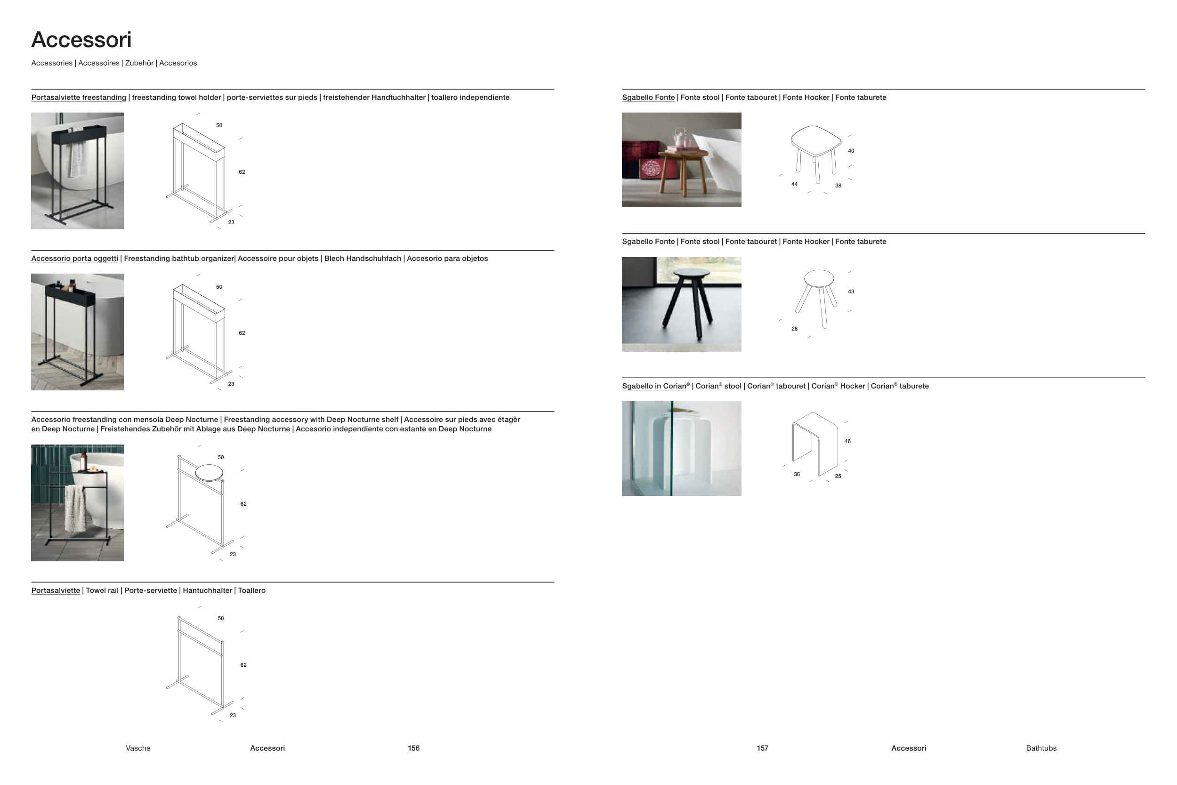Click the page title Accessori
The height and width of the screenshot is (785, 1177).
81,40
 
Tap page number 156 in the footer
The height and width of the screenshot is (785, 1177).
413,748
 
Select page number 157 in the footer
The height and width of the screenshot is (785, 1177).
762,748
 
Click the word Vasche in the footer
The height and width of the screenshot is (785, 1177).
138,748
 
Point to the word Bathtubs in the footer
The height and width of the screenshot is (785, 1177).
1041,748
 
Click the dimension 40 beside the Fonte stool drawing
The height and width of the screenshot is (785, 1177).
851,151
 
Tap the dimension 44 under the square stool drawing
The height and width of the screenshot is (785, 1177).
794,184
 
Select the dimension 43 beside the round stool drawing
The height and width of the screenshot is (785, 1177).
851,291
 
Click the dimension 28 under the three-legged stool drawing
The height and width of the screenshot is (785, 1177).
794,329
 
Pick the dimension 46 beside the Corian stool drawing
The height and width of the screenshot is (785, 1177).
847,442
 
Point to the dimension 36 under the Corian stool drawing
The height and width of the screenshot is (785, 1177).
797,474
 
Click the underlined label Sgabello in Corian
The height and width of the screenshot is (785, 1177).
654,386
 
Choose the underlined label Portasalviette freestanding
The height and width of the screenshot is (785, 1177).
79,97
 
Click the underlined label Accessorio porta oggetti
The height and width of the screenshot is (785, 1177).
74,259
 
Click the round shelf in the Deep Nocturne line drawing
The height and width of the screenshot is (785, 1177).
209,472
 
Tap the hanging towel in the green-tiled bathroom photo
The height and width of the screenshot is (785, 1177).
75,508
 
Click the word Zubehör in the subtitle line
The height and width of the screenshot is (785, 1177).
139,63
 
